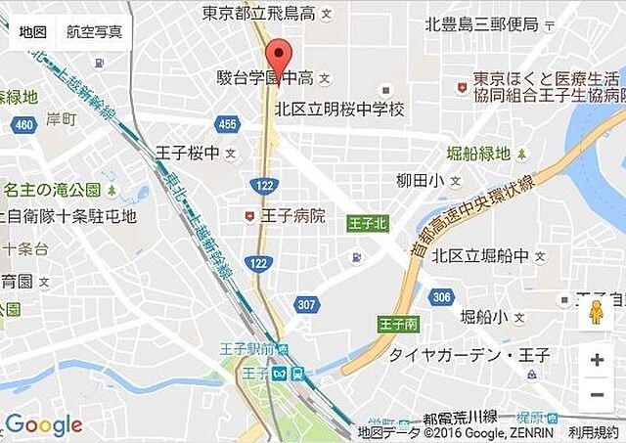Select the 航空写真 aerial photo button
[x=94, y=31]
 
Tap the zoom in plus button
[x=597, y=360]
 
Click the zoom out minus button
[x=597, y=395]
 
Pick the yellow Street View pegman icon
[x=595, y=313]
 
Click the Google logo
[x=44, y=425]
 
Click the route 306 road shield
[x=442, y=297]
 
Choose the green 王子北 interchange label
[x=368, y=224]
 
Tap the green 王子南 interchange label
[x=399, y=324]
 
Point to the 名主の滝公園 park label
[x=53, y=189]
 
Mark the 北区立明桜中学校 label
[x=339, y=110]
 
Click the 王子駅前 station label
[x=248, y=350]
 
